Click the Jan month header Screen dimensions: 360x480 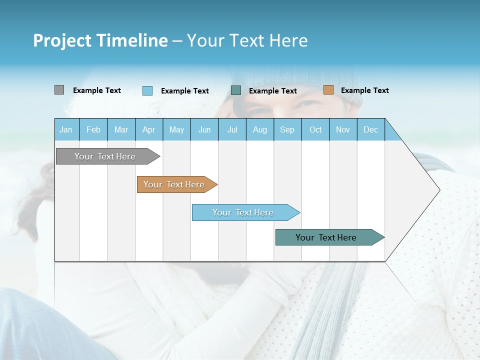pos(66,129)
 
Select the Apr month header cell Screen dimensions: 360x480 pos(149,129)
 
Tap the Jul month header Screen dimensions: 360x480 pos(232,129)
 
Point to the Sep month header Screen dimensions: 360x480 pos(287,129)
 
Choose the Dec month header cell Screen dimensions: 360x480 pos(370,129)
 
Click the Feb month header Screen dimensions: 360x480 pos(93,129)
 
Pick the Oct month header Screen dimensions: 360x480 pos(315,129)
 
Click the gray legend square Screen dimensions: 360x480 pos(59,90)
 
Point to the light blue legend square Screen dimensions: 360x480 pos(147,90)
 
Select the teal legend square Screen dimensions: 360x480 pos(236,90)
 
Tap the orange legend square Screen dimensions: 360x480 pos(328,90)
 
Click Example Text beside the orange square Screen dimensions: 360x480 pos(364,90)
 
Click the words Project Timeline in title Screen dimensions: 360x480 pos(100,40)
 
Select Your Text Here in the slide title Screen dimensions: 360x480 pos(247,40)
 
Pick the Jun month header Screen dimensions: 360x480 pos(204,129)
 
